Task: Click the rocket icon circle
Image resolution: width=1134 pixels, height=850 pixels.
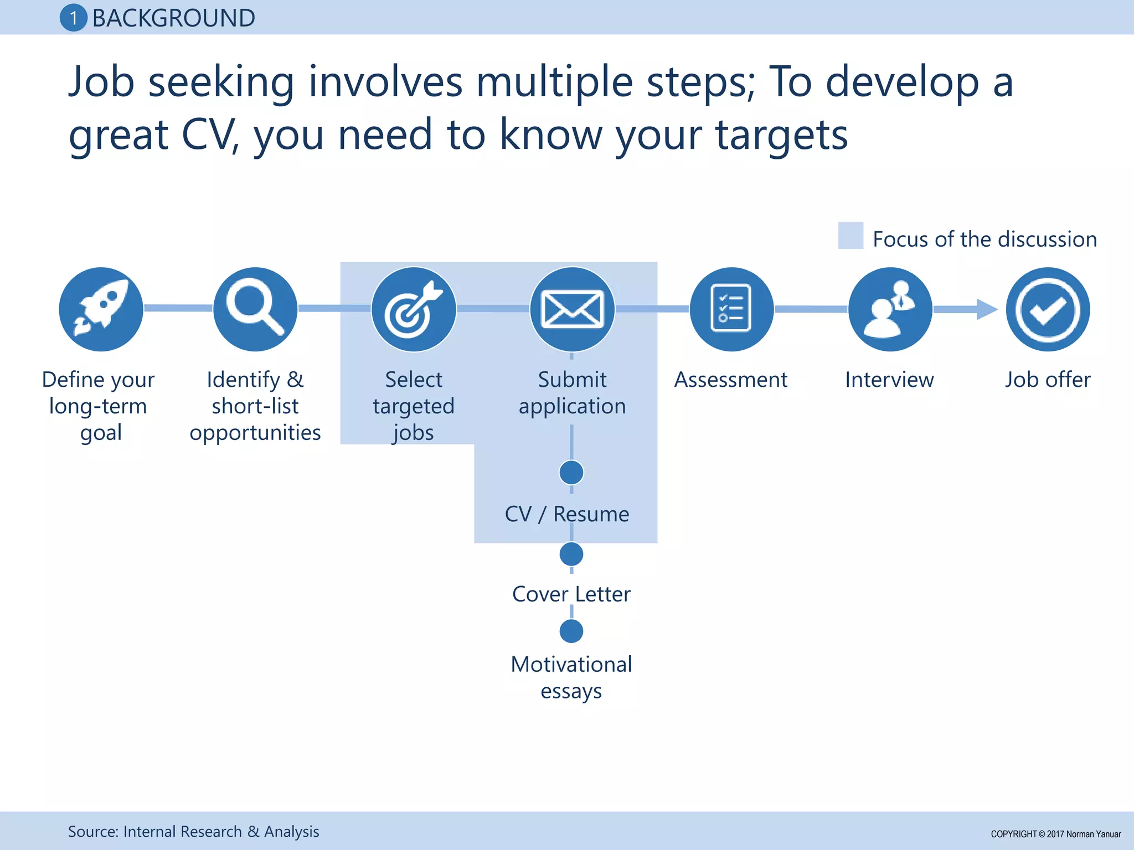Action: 101,309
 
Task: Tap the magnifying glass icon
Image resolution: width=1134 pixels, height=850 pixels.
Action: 255,309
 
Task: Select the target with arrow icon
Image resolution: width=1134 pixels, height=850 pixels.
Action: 414,309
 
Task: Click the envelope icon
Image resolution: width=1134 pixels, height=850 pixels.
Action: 572,309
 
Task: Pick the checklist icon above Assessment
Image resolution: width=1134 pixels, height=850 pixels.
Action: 731,309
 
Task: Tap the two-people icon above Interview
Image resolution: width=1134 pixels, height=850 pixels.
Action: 890,309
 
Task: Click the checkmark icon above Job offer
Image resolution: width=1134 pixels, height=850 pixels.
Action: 1048,309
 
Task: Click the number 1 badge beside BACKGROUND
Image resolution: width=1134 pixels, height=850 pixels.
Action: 73,18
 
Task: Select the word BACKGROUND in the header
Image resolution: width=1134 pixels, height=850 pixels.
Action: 173,18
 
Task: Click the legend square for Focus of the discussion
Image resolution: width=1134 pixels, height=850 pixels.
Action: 850,236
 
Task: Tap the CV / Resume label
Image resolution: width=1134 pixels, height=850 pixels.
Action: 567,514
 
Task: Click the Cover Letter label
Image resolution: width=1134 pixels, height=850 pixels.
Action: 571,594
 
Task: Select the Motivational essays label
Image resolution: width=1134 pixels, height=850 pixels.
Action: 571,677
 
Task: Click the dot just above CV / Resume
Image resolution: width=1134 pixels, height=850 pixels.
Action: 571,473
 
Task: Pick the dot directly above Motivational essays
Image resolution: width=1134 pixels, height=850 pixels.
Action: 571,631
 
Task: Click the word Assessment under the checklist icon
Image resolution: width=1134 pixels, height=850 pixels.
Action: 730,380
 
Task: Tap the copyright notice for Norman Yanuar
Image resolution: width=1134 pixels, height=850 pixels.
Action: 1055,834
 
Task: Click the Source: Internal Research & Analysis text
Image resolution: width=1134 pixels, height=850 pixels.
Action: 193,831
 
